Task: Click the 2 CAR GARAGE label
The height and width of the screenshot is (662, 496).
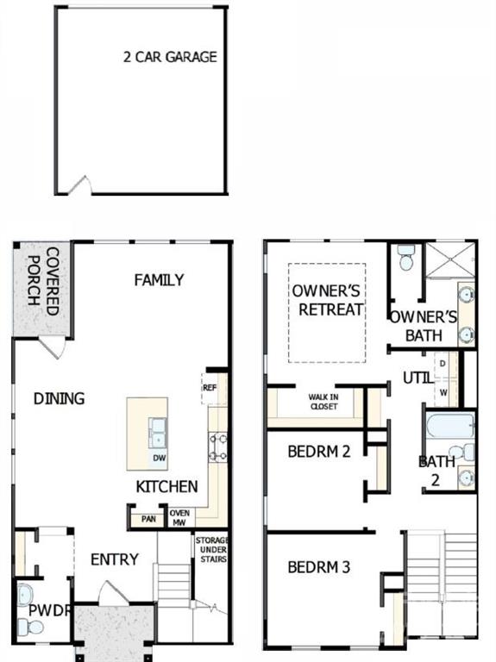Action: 170,57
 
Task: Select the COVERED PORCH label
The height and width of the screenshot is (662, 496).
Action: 42,281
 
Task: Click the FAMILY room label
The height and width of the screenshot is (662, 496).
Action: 159,280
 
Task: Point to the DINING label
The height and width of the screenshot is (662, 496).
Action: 60,398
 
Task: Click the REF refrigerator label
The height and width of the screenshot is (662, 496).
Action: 210,388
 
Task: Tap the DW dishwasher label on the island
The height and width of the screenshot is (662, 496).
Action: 160,458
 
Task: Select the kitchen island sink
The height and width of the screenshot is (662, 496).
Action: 157,434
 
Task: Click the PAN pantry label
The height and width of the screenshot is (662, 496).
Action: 148,519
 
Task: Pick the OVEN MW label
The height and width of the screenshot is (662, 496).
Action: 179,518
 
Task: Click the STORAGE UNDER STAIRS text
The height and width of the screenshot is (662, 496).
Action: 212,550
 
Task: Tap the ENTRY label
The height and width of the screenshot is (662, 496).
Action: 115,559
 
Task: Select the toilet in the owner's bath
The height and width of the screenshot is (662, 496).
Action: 405,257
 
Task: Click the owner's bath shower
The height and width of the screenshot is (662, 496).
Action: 450,259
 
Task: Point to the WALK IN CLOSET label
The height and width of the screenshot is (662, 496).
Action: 323,402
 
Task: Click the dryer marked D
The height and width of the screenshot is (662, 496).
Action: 443,364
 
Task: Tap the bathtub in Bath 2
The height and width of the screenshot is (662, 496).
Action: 450,425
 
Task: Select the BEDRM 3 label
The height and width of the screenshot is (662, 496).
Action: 319,567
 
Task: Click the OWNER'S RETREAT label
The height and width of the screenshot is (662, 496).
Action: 328,300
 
